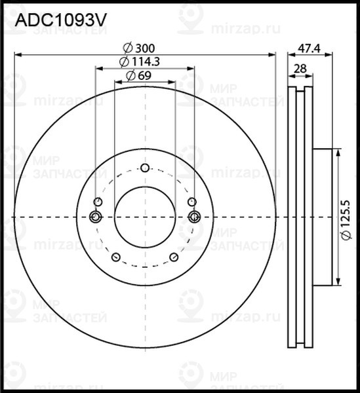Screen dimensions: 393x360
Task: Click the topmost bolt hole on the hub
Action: [x=145, y=168]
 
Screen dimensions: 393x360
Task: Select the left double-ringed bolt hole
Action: [x=96, y=217]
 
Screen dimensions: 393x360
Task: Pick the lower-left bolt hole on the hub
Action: [x=115, y=257]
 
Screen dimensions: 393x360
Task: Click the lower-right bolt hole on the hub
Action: [x=174, y=257]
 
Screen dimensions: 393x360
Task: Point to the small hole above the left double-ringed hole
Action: [x=98, y=201]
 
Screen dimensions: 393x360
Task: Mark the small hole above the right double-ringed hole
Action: [x=192, y=201]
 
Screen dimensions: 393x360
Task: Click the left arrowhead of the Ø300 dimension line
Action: [x=18, y=54]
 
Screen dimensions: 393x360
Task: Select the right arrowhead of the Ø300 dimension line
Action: [x=272, y=54]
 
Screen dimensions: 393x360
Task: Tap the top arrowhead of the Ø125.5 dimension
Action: [x=338, y=153]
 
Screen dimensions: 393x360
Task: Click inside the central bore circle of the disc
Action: [x=145, y=217]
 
